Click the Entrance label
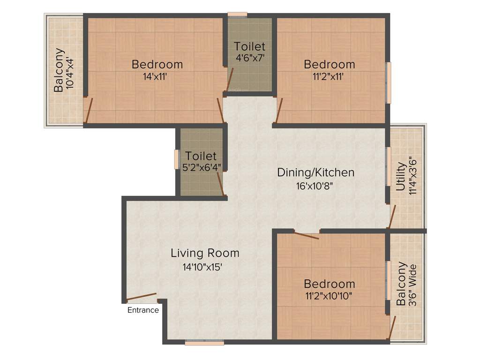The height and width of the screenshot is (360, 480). point(143,310)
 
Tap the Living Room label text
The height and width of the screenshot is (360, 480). point(205,253)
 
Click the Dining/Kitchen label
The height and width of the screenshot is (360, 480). point(315,172)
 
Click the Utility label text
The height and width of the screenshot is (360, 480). point(401,177)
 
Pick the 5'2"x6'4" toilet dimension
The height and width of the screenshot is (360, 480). point(202,167)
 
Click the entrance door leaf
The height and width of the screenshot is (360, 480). point(141,296)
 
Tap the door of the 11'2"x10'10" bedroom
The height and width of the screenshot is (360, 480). point(306,235)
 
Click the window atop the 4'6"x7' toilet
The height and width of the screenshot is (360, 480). point(237,15)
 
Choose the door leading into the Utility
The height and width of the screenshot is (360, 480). point(392,216)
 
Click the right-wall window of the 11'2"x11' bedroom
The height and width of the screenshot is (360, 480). point(388,83)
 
